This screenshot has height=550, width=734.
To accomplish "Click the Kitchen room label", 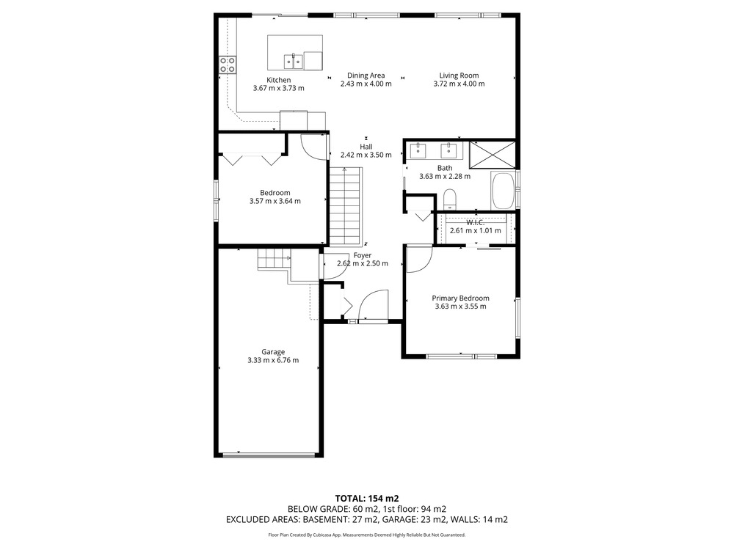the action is (x=278, y=80).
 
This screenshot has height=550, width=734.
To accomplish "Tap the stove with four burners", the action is (x=228, y=65).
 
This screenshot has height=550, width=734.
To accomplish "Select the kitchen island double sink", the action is (x=294, y=61).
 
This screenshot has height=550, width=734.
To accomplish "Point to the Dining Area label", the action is (x=366, y=76).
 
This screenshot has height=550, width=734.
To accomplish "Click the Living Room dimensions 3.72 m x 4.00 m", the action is (x=459, y=84).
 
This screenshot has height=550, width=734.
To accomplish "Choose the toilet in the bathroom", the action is (x=450, y=199).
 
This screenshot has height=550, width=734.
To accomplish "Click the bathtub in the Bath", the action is (x=504, y=191).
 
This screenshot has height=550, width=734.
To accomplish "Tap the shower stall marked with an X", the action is (x=493, y=155).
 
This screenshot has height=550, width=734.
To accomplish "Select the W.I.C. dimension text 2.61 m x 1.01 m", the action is (x=475, y=230).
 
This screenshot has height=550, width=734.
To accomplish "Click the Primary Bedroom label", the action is (x=461, y=298).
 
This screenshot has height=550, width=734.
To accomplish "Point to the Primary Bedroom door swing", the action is (x=419, y=259).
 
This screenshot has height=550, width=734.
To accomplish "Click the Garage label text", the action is (x=273, y=352).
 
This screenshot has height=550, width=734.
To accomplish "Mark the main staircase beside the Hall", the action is (x=346, y=206).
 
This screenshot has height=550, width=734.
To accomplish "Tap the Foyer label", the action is (x=363, y=255).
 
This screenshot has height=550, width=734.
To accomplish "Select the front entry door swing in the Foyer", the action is (x=374, y=305).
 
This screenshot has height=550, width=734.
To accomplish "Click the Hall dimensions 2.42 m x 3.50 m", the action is (x=366, y=155).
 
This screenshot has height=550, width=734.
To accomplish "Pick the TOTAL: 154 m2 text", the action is (x=367, y=499).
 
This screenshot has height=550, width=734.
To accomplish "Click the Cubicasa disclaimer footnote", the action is (x=367, y=535).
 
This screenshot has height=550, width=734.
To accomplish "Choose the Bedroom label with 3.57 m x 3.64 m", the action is (x=275, y=197).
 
